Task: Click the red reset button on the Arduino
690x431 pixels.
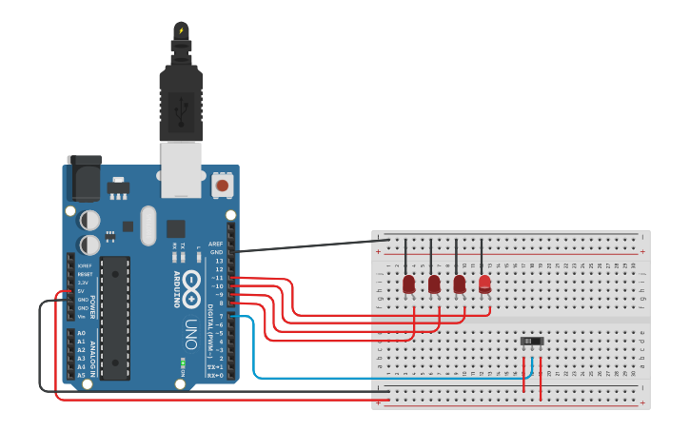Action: [223, 185]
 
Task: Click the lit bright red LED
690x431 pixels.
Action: [484, 284]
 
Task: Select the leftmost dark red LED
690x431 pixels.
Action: [408, 284]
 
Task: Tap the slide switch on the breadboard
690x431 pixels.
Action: [532, 341]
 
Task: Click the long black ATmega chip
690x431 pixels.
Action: [115, 317]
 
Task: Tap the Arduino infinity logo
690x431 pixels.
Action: [193, 282]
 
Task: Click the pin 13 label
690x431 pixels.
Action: [218, 260]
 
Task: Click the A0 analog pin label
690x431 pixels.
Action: [81, 333]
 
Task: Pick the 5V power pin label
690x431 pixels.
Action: [83, 291]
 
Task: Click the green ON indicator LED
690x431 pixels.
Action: [181, 362]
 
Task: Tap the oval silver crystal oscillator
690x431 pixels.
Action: [147, 225]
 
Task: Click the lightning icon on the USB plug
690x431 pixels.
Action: [181, 30]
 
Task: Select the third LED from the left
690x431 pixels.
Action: [460, 284]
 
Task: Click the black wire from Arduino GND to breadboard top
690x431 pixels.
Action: [305, 245]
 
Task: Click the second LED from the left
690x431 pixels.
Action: [434, 284]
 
